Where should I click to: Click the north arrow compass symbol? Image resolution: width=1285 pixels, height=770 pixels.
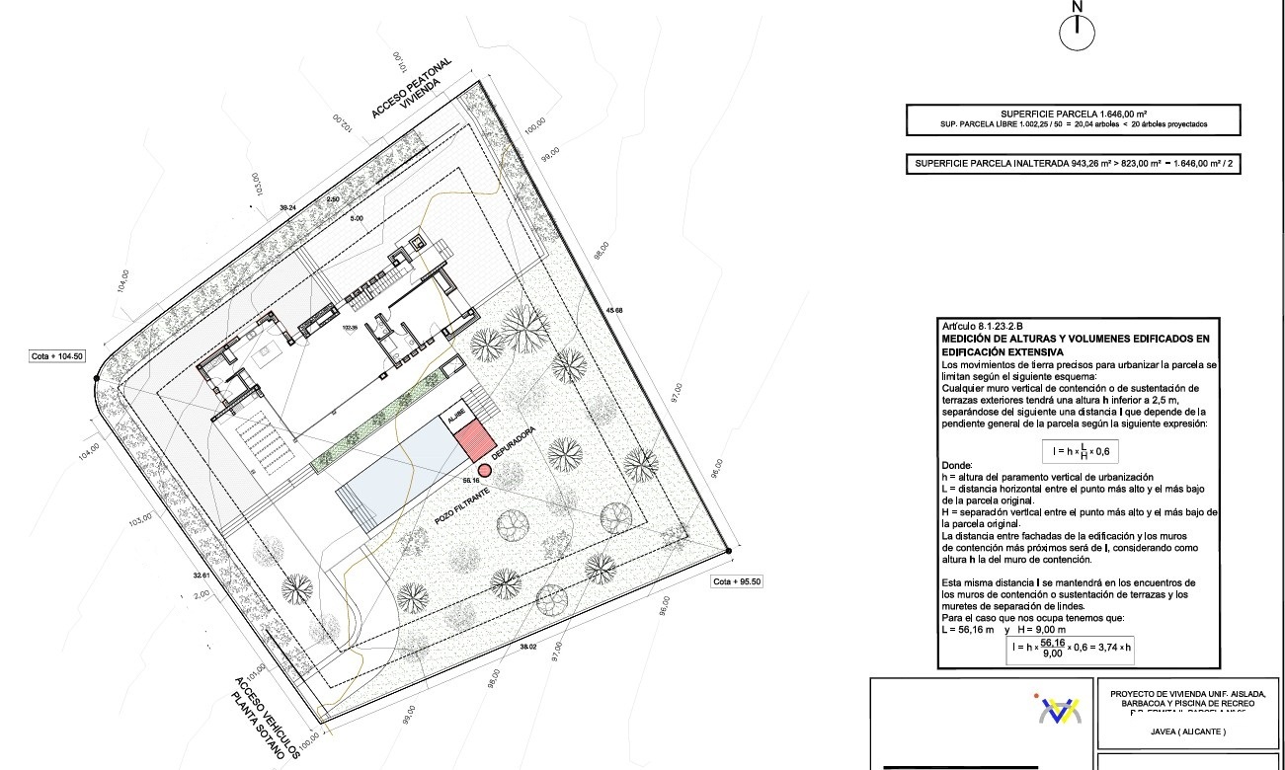pyautogui.click(x=1078, y=33)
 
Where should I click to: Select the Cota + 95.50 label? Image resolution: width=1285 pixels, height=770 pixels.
pyautogui.click(x=737, y=581)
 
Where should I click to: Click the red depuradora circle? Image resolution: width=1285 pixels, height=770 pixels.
pyautogui.click(x=485, y=470)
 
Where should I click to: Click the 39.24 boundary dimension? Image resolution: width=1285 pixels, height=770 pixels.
pyautogui.click(x=287, y=208)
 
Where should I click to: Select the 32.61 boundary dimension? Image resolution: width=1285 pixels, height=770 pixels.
pyautogui.click(x=201, y=575)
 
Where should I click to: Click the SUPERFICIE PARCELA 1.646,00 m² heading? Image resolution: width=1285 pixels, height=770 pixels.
pyautogui.click(x=1073, y=114)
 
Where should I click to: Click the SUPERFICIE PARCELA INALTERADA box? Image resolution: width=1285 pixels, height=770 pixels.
pyautogui.click(x=1073, y=165)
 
